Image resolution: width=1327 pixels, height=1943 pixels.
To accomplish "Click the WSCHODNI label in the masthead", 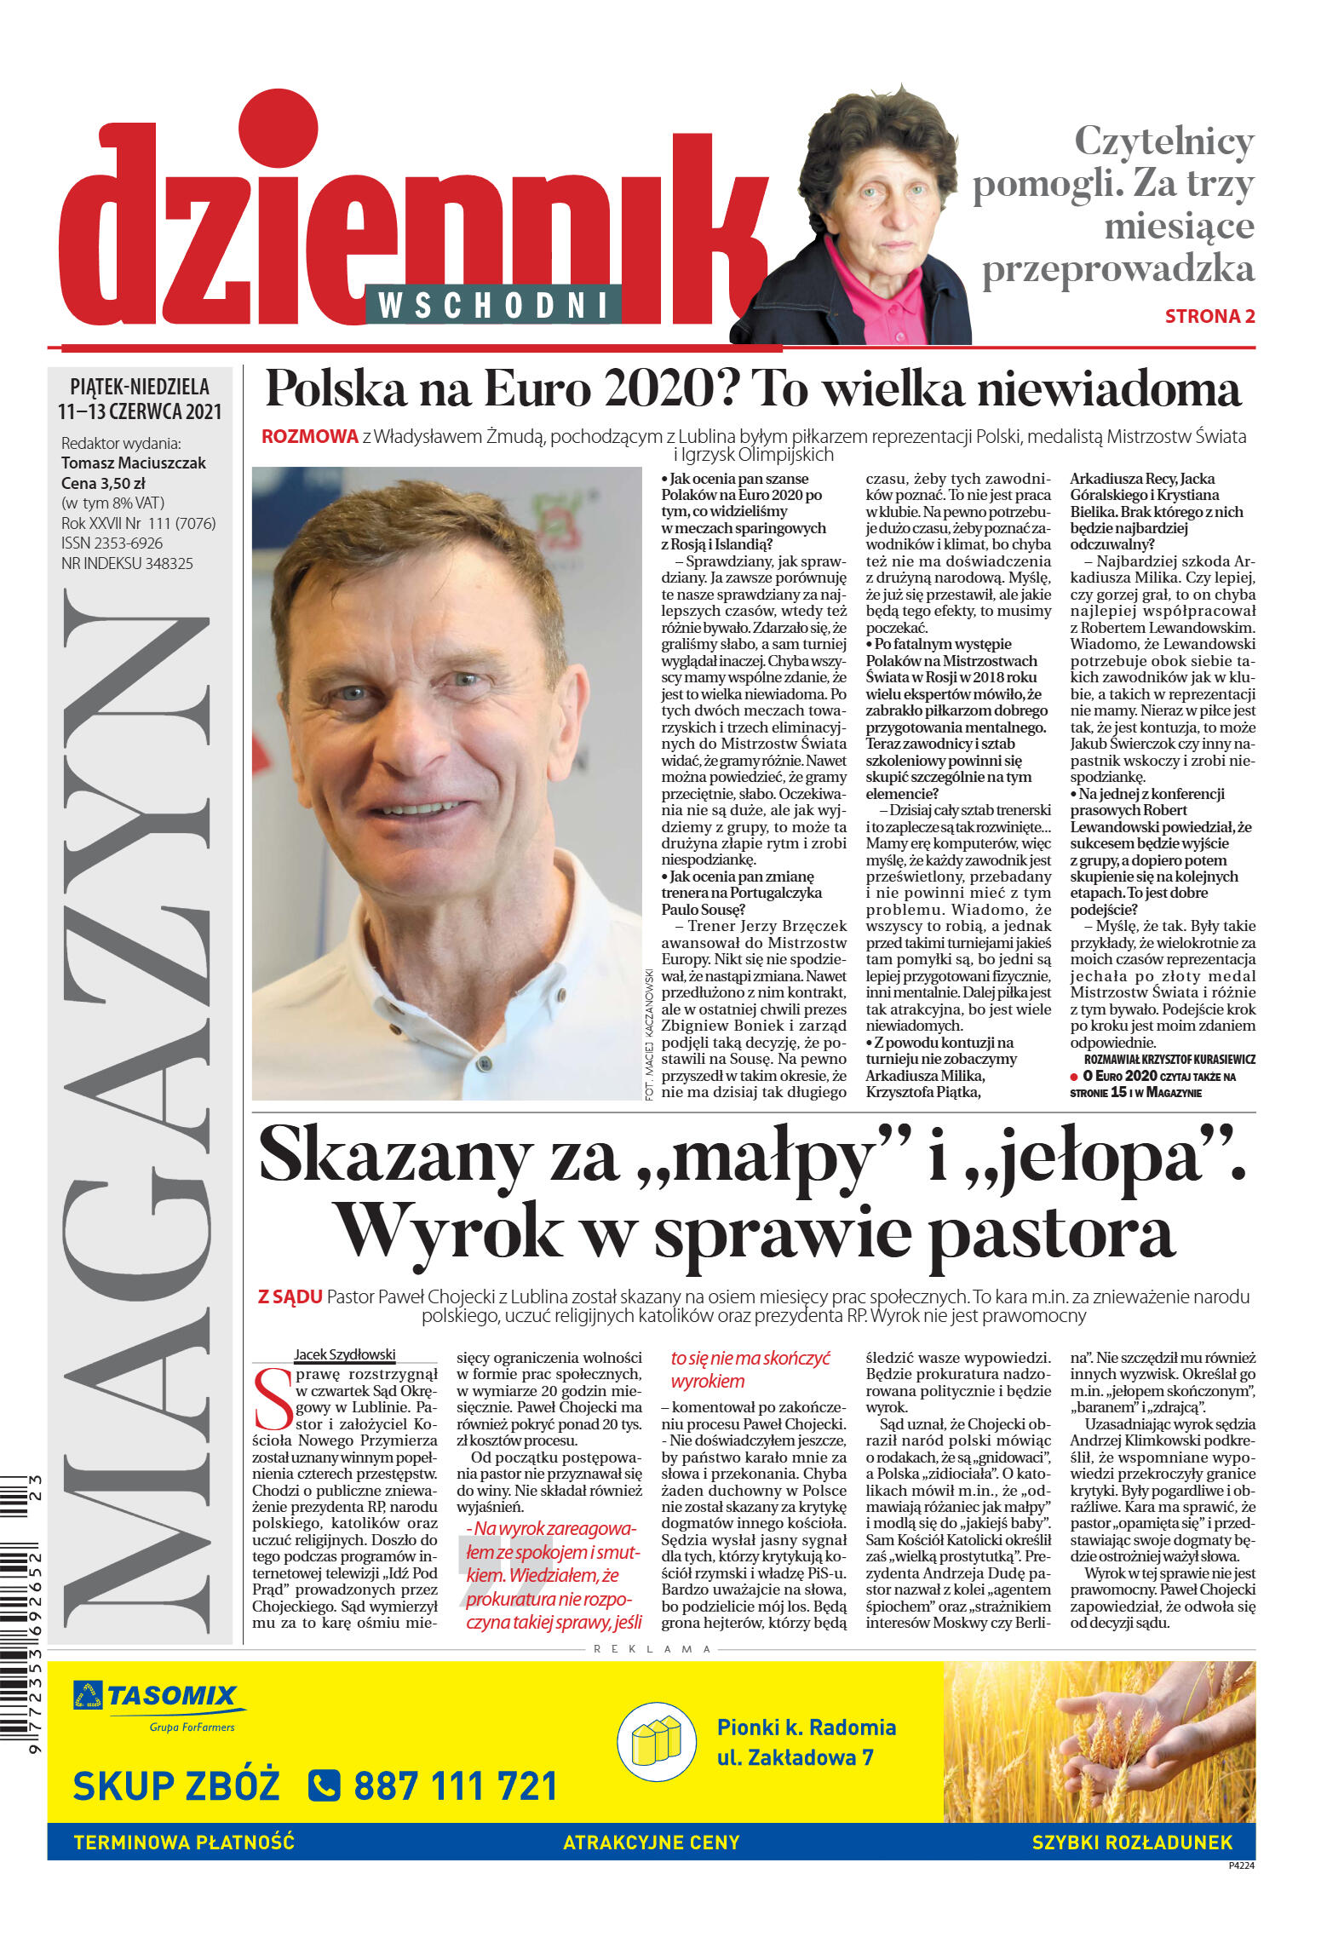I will [493, 305].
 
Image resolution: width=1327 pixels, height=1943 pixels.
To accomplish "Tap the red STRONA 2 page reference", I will [1209, 316].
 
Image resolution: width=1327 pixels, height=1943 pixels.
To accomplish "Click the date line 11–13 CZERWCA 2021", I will [140, 412].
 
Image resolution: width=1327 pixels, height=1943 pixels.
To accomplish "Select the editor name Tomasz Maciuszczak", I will [134, 463].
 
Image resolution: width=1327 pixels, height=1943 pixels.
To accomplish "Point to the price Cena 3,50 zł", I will [102, 483].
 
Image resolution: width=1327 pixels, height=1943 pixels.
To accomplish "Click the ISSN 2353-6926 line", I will [112, 543].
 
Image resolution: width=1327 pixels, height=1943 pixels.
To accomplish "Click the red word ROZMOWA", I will [309, 437].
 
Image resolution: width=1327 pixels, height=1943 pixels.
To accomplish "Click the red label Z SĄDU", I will [290, 1297].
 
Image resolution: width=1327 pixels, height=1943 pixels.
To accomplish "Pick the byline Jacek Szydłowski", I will [344, 1354].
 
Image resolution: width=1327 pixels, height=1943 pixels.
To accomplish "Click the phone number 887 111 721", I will [455, 1786].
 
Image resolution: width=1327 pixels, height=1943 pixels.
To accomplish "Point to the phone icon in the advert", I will [324, 1786].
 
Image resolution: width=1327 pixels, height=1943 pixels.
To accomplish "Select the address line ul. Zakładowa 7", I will [795, 1757].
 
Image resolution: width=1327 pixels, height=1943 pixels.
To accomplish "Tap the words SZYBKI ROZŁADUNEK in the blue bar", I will [1132, 1842].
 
